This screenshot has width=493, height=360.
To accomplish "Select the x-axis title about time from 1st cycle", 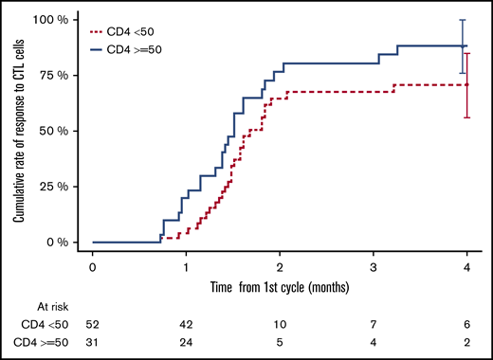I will coord(279,286).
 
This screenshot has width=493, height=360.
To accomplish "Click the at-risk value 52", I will coord(92,326).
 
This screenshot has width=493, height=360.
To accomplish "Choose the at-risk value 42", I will coord(186,326).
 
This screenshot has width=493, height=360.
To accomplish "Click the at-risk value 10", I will coord(280,326).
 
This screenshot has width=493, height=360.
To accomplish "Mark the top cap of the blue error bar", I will coord(462,20).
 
